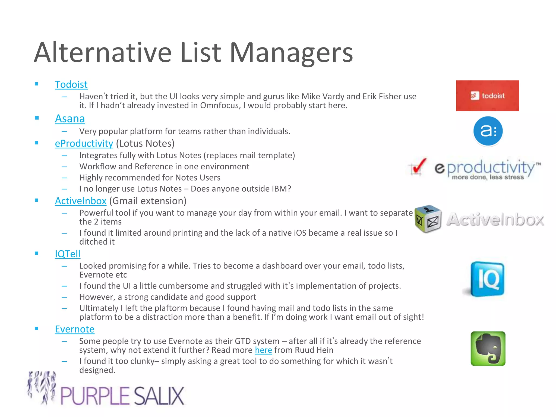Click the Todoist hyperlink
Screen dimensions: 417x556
click(x=71, y=84)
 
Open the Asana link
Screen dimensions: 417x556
click(x=70, y=119)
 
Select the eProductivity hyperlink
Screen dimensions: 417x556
click(x=84, y=143)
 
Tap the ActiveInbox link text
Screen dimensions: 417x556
click(x=81, y=201)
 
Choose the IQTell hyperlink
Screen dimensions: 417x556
click(x=68, y=254)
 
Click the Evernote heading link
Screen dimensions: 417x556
click(x=75, y=329)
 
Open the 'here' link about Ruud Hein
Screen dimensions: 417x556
click(x=263, y=350)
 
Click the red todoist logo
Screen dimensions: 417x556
click(x=487, y=96)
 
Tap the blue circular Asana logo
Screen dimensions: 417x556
click(x=488, y=131)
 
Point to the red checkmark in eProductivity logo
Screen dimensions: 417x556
click(x=418, y=166)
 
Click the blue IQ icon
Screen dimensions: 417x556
click(x=487, y=279)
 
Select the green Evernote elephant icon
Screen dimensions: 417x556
click(x=488, y=349)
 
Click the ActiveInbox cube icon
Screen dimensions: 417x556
click(x=428, y=219)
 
